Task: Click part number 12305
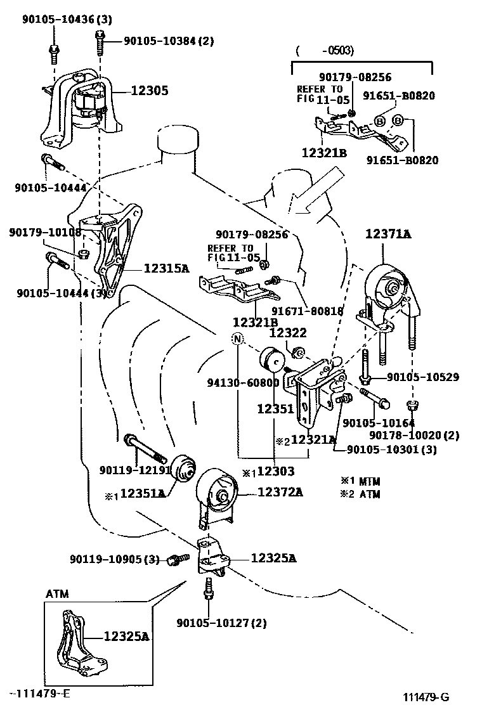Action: click(150, 91)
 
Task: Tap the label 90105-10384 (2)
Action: click(169, 41)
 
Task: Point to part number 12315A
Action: click(166, 268)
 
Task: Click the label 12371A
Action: click(388, 235)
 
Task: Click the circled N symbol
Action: click(237, 339)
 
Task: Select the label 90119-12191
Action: click(135, 470)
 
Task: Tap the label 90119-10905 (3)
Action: click(115, 559)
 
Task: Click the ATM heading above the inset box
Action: click(57, 594)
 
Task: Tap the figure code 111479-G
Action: click(426, 696)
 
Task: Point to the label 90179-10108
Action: click(45, 232)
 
